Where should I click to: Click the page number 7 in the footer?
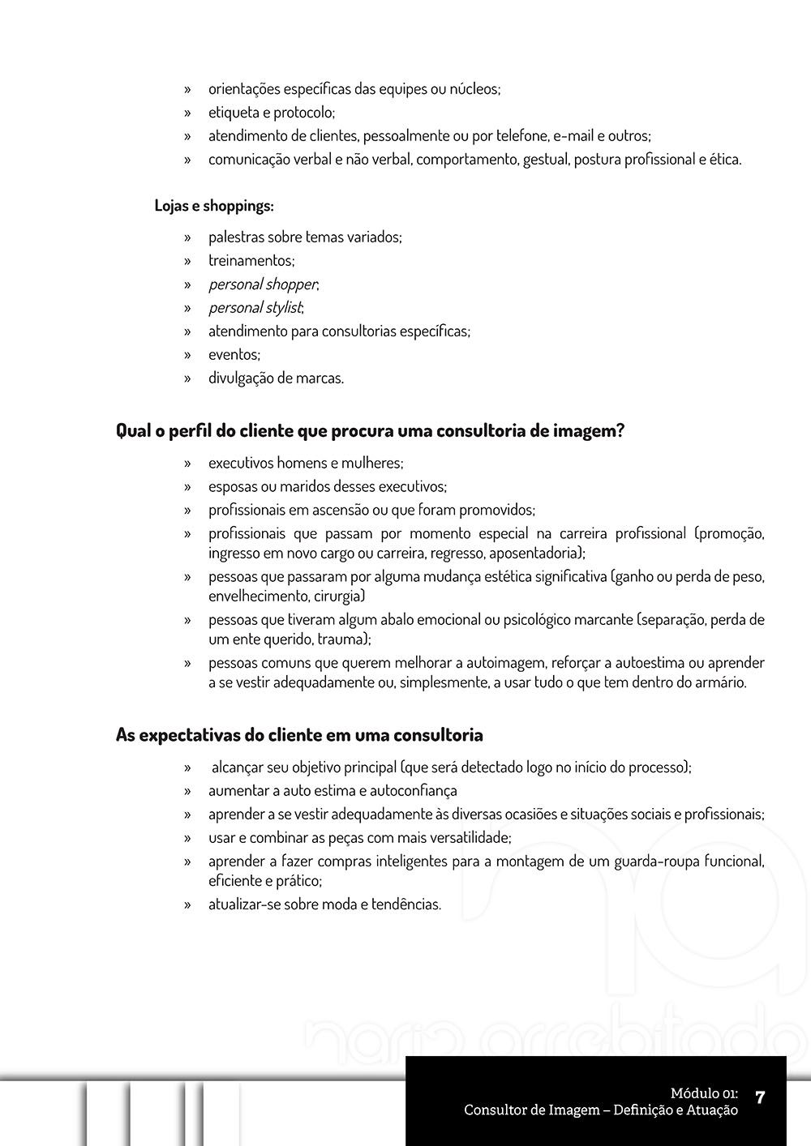760,1098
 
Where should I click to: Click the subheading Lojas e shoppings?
214,206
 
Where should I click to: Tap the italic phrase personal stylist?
255,308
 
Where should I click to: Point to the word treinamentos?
251,261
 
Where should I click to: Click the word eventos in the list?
234,355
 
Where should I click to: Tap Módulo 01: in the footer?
704,1094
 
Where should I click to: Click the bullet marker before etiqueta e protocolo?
187,113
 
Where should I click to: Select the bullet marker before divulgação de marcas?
187,378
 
